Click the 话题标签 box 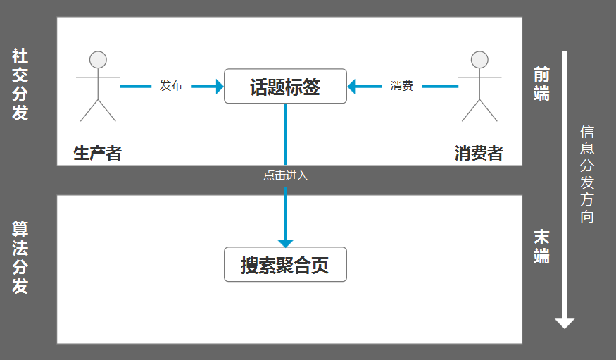tap(285, 86)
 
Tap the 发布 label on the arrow tap(171, 86)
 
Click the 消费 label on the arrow tap(401, 86)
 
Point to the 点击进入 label tap(286, 175)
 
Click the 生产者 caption tap(98, 153)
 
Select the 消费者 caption tap(479, 153)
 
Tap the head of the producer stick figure tap(98, 59)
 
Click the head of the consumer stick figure tap(479, 59)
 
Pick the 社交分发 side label tap(20, 85)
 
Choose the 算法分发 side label tap(20, 258)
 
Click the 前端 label tap(541, 84)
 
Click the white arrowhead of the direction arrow tap(565, 323)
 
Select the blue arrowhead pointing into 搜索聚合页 tap(285, 243)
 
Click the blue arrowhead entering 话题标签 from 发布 tap(219, 86)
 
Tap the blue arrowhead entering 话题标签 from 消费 tap(352, 86)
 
